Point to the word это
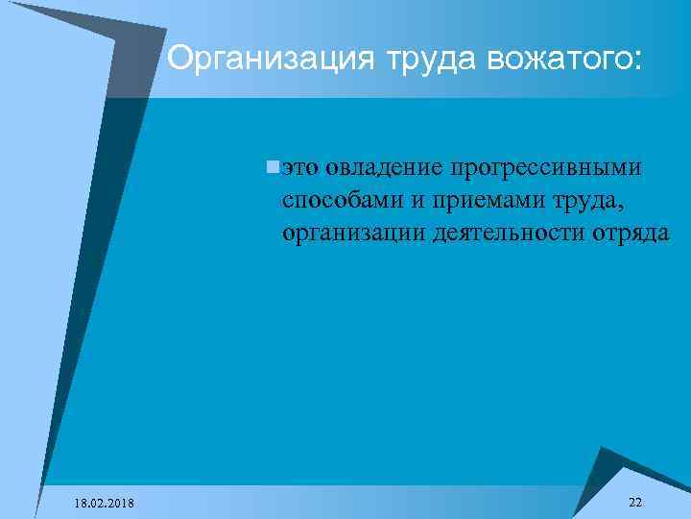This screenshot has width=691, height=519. (300, 168)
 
